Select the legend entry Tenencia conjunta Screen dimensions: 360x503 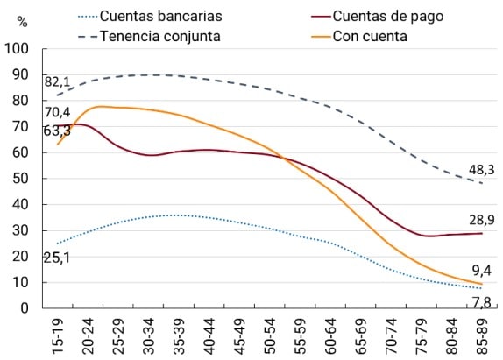click(x=160, y=36)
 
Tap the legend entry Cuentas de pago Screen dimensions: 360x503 click(x=378, y=16)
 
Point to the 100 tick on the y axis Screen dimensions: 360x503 click(x=18, y=49)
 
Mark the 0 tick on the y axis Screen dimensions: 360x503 click(x=25, y=308)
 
